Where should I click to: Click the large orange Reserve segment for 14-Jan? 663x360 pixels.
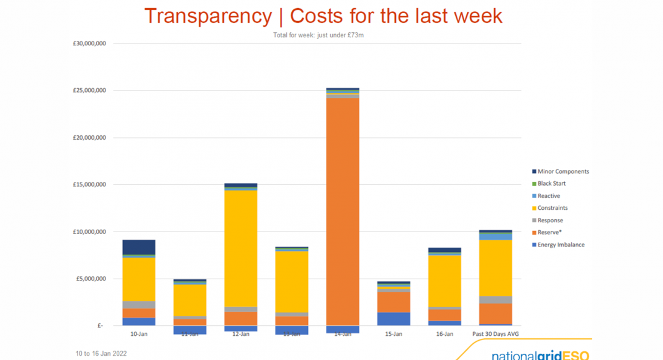[x=343, y=211]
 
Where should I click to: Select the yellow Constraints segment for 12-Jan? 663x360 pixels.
[x=241, y=248]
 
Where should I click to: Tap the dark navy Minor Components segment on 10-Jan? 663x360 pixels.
[x=139, y=247]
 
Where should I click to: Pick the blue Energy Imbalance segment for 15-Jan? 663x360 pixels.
[x=394, y=318]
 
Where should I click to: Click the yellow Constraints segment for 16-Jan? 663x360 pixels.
[x=444, y=281]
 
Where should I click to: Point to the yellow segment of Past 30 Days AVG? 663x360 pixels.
[x=495, y=268]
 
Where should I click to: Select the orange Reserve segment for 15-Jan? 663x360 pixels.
[x=394, y=302]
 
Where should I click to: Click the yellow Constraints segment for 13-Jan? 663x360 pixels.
[x=292, y=282]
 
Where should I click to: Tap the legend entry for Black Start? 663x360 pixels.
[x=551, y=184]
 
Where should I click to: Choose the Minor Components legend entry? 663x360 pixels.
[x=562, y=171]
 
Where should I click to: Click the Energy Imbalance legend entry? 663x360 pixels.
[x=561, y=245]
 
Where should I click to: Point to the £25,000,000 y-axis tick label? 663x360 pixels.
[x=89, y=91]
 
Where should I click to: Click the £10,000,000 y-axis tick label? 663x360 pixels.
[x=89, y=232]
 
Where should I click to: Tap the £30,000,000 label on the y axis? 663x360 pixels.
[x=89, y=43]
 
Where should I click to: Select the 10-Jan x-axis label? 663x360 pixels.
[x=139, y=334]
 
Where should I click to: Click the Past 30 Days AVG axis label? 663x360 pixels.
[x=495, y=334]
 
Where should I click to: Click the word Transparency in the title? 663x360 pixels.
[x=207, y=17]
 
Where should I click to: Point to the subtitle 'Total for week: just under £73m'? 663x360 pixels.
[x=318, y=35]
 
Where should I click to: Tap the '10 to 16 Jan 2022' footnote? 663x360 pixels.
[x=101, y=353]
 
